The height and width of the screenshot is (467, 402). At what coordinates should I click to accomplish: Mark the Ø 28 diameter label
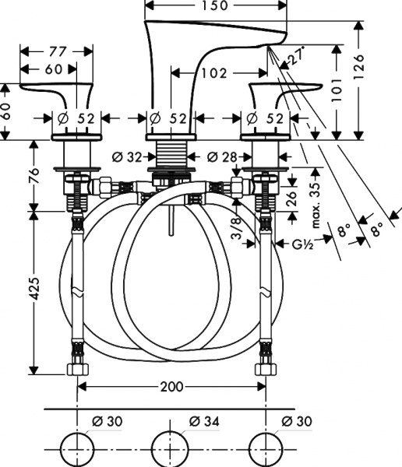click(222, 156)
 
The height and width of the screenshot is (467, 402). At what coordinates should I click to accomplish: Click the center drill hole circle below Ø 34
click(170, 448)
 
